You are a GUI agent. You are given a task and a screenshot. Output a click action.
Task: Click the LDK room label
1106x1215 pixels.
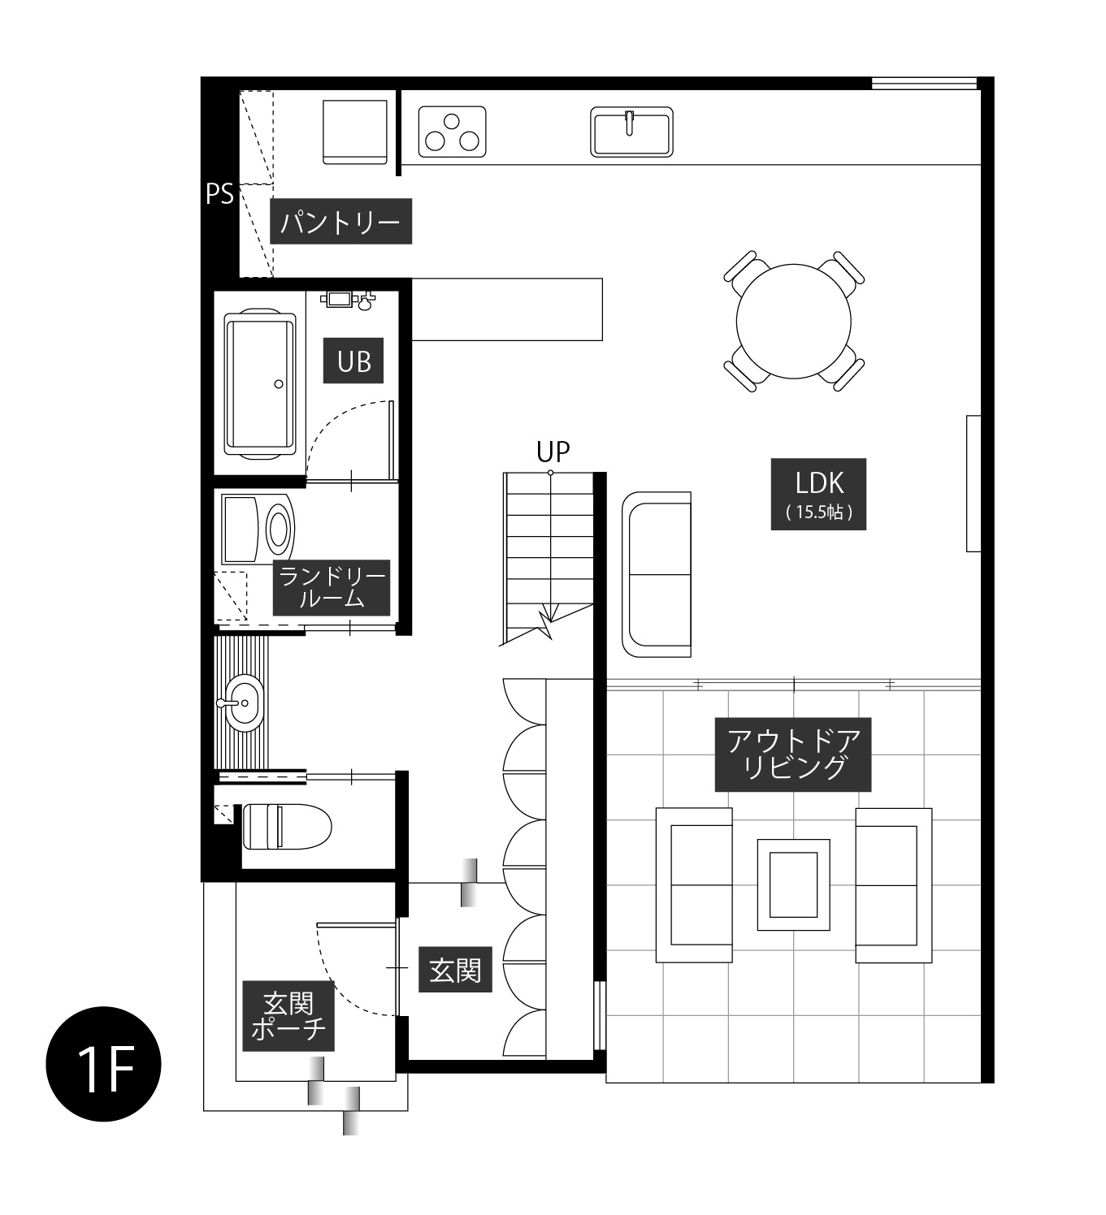[x=818, y=494]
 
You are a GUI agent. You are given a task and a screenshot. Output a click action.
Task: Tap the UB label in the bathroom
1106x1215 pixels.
[x=353, y=361]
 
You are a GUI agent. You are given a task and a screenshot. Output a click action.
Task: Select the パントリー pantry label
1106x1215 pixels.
[x=340, y=221]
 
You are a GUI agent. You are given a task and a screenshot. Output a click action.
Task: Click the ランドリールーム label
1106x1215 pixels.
[x=331, y=587]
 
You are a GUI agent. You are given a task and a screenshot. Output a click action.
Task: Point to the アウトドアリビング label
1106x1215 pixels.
[x=792, y=754]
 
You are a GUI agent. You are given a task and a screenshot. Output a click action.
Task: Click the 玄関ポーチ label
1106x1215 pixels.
[x=288, y=1016]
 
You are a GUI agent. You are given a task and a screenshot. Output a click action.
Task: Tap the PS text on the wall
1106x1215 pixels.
[x=219, y=194]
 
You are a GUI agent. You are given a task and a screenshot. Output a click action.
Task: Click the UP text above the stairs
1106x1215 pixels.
[x=553, y=452]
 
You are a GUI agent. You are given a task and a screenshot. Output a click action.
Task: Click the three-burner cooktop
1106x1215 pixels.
[x=452, y=132]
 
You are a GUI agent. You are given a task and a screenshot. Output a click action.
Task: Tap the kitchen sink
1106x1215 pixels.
[x=631, y=132]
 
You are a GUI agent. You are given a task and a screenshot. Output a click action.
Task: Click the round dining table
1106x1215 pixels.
[x=793, y=321]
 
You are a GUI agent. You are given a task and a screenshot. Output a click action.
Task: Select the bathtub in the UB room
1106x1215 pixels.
[x=260, y=384]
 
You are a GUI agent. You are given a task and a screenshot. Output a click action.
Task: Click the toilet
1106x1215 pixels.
[x=287, y=826]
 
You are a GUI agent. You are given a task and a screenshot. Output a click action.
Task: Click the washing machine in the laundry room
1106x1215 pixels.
[x=258, y=530]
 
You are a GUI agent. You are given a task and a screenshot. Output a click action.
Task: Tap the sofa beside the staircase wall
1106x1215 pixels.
[x=657, y=574]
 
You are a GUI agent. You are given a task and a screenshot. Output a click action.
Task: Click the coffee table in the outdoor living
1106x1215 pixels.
[x=793, y=884]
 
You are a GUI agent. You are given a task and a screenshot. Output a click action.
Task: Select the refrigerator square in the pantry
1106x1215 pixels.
[x=354, y=132]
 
